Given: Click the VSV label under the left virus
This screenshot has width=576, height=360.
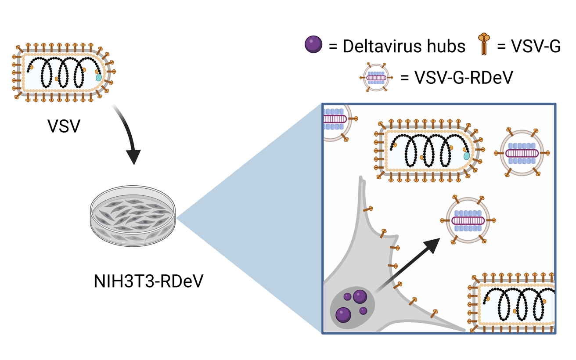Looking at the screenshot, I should click(x=64, y=127).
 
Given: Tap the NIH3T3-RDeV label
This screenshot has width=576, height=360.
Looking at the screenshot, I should click(x=149, y=281).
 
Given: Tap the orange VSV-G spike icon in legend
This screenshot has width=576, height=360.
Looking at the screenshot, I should click(x=483, y=44).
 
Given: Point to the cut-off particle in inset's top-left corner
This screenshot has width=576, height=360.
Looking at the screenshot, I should click(x=335, y=120).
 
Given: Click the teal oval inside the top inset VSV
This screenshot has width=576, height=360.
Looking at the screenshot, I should click(x=467, y=156).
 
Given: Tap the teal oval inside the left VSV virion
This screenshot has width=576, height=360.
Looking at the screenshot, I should click(x=99, y=77).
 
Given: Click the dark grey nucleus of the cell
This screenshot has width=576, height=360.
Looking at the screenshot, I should click(x=351, y=307).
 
